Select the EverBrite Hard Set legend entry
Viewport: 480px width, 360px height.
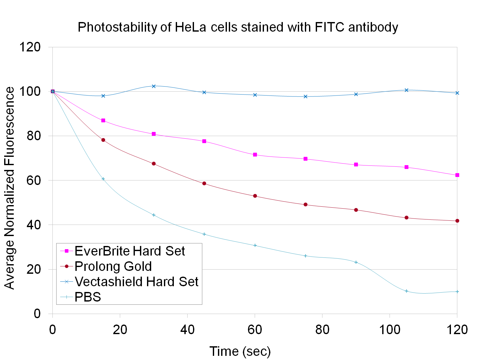[x=129, y=251]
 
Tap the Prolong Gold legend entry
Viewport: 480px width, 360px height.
[x=113, y=266]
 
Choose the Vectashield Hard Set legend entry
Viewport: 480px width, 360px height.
[x=136, y=282]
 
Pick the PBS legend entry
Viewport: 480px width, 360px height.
[x=88, y=297]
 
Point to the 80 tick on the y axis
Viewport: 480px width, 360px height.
[x=34, y=136]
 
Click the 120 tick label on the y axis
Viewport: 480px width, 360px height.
[x=30, y=47]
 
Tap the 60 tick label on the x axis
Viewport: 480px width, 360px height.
[x=255, y=330]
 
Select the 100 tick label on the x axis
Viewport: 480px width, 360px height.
[x=390, y=330]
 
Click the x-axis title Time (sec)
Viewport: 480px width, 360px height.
[x=240, y=351]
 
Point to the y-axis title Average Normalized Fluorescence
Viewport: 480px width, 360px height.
[x=10, y=188]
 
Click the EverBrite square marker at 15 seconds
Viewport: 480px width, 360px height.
[x=103, y=120]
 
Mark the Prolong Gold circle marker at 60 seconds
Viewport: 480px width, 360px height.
[x=255, y=196]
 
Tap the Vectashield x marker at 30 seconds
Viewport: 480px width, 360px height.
[x=154, y=86]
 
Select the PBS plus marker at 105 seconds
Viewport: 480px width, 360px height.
[x=406, y=291]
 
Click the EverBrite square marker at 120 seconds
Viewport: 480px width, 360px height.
[x=457, y=175]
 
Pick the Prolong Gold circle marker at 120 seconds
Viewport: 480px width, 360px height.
[x=457, y=221]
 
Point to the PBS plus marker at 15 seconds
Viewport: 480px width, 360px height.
[x=103, y=179]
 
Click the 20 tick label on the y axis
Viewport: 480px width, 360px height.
[x=34, y=269]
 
